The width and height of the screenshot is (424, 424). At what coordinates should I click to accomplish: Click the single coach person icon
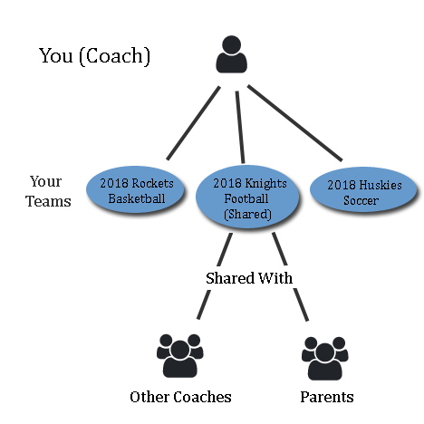coord(231,54)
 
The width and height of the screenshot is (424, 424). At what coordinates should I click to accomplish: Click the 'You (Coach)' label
coord(94,55)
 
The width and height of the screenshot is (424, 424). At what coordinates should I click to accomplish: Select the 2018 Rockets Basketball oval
coord(135,189)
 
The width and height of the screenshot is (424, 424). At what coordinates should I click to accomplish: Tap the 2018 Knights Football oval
coord(247,197)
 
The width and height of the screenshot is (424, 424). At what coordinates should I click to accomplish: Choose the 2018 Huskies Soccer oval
coord(363,189)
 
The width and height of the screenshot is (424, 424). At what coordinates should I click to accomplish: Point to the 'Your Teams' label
coord(48,191)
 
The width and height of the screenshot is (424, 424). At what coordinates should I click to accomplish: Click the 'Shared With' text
coord(249,278)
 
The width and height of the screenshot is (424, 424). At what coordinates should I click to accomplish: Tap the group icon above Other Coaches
coord(179,356)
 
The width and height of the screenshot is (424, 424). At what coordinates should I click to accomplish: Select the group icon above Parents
coord(325,358)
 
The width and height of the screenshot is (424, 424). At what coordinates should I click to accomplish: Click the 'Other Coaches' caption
coord(180,397)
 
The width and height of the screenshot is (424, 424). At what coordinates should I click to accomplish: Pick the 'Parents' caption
coord(327,397)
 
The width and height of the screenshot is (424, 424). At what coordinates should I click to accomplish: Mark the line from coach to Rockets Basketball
coord(193,123)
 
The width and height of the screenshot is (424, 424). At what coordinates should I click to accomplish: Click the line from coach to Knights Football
coord(240,127)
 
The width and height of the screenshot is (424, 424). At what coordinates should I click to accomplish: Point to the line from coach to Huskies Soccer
coord(294,123)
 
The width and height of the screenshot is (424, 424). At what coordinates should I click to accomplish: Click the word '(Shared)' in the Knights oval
coord(247,214)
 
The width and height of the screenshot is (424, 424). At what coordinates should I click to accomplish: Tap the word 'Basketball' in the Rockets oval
coord(137,198)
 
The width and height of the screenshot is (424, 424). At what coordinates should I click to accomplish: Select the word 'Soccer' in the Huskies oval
coord(361,200)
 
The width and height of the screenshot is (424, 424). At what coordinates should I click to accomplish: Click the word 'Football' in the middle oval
coord(246,198)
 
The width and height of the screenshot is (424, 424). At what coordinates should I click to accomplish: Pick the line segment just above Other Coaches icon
coord(204,304)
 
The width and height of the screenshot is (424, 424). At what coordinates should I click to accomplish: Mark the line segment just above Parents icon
coord(301,304)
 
